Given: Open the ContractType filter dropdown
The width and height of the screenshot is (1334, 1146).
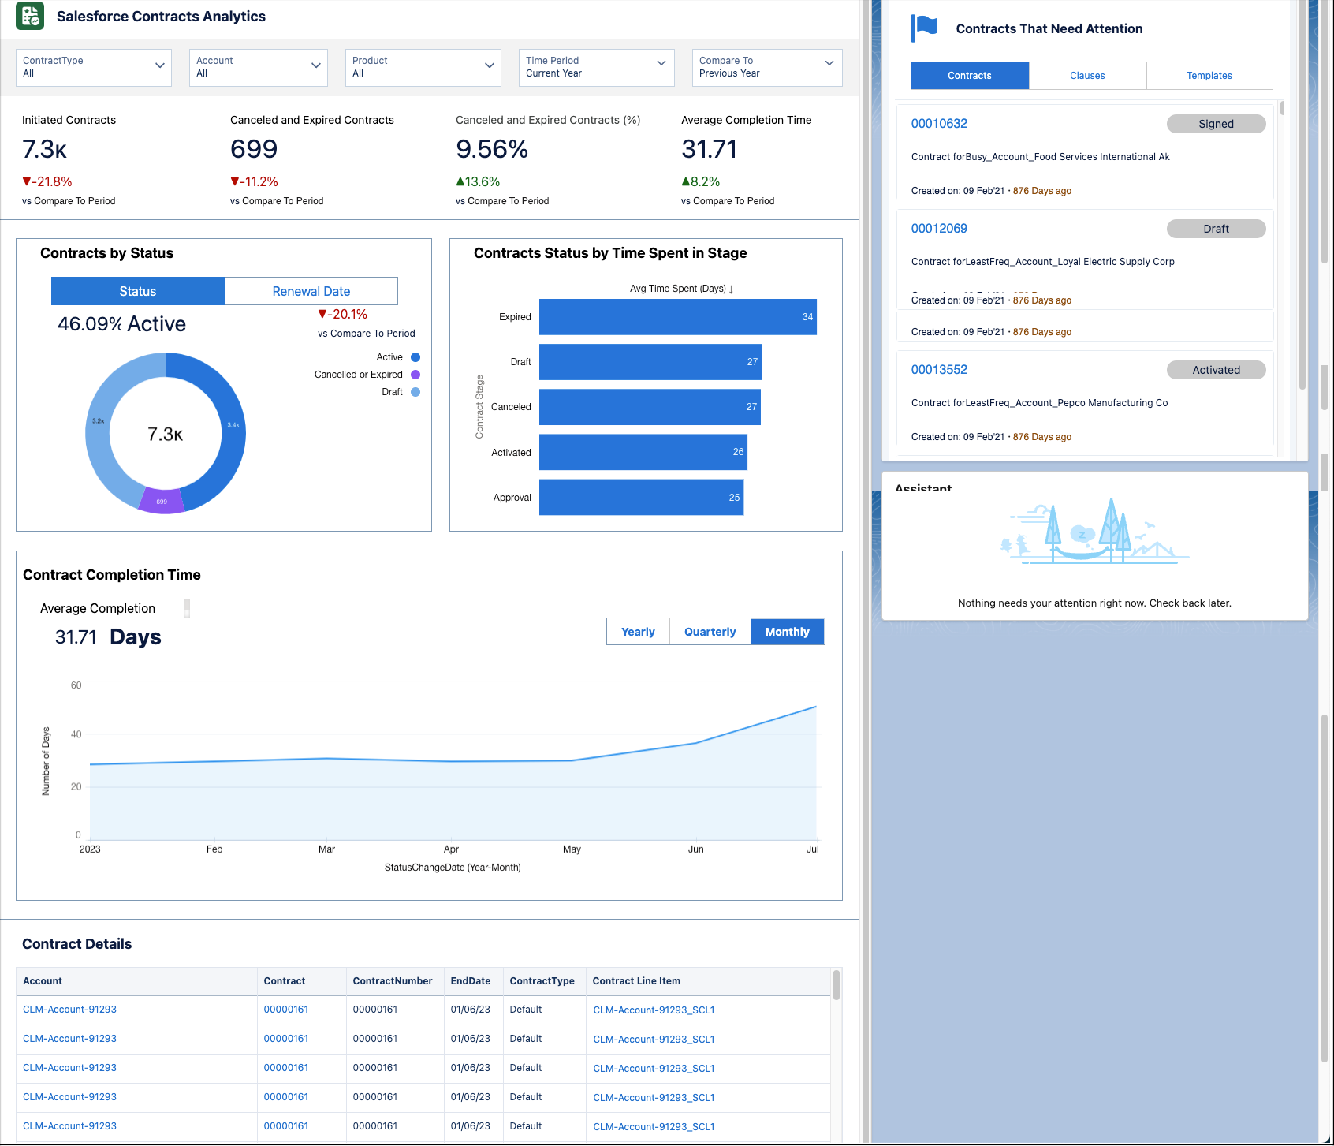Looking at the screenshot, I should pos(93,67).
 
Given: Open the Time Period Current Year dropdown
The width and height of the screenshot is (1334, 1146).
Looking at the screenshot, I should pos(595,67).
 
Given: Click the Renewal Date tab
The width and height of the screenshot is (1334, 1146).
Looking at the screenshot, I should pos(311,291).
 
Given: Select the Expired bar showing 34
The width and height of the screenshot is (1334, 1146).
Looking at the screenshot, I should pos(677,317).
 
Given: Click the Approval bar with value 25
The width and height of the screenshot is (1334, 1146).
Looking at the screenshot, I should pos(640,498).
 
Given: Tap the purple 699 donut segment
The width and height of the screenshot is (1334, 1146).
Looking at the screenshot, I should pos(162,501).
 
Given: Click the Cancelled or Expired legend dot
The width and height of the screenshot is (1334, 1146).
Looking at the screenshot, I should pos(415,375).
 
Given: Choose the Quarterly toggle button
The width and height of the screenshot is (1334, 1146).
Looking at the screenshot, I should pos(710,632).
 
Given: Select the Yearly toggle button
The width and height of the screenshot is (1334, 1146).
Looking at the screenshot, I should pos(638,632).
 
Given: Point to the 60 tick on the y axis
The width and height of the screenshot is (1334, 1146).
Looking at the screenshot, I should pos(76,685).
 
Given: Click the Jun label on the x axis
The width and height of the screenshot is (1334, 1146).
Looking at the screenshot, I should pos(695,849).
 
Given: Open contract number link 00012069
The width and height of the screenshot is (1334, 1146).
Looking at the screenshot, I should pos(939,229).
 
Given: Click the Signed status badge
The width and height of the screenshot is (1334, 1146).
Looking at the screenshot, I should pos(1216,124).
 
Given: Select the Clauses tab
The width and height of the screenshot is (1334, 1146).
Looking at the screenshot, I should pos(1087,76).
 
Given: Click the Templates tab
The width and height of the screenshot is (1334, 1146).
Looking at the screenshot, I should pos(1209,76).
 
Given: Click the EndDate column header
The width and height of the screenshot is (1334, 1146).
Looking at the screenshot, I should pos(471,981).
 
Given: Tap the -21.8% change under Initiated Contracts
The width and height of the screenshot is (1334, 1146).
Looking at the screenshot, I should pos(47,181).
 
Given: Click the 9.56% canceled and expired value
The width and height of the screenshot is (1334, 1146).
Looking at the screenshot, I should pos(492,149).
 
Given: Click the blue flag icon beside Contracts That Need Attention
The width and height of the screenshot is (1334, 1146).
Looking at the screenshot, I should pos(925,28).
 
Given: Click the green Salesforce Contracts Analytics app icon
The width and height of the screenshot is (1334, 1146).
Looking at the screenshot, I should pos(30,16).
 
